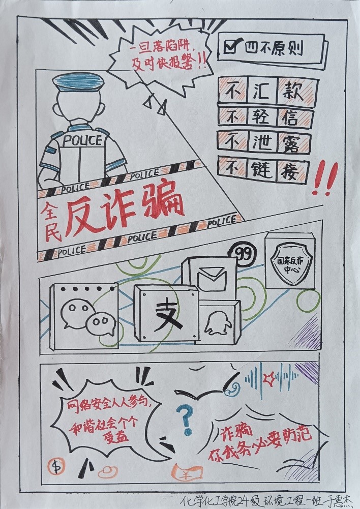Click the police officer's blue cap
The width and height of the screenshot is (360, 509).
78,82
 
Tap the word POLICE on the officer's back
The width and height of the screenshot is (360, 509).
82,140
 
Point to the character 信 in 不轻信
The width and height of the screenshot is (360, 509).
290,117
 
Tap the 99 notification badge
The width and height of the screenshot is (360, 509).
245,254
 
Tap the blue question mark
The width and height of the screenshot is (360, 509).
186,421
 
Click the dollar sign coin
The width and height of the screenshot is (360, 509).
56,467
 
